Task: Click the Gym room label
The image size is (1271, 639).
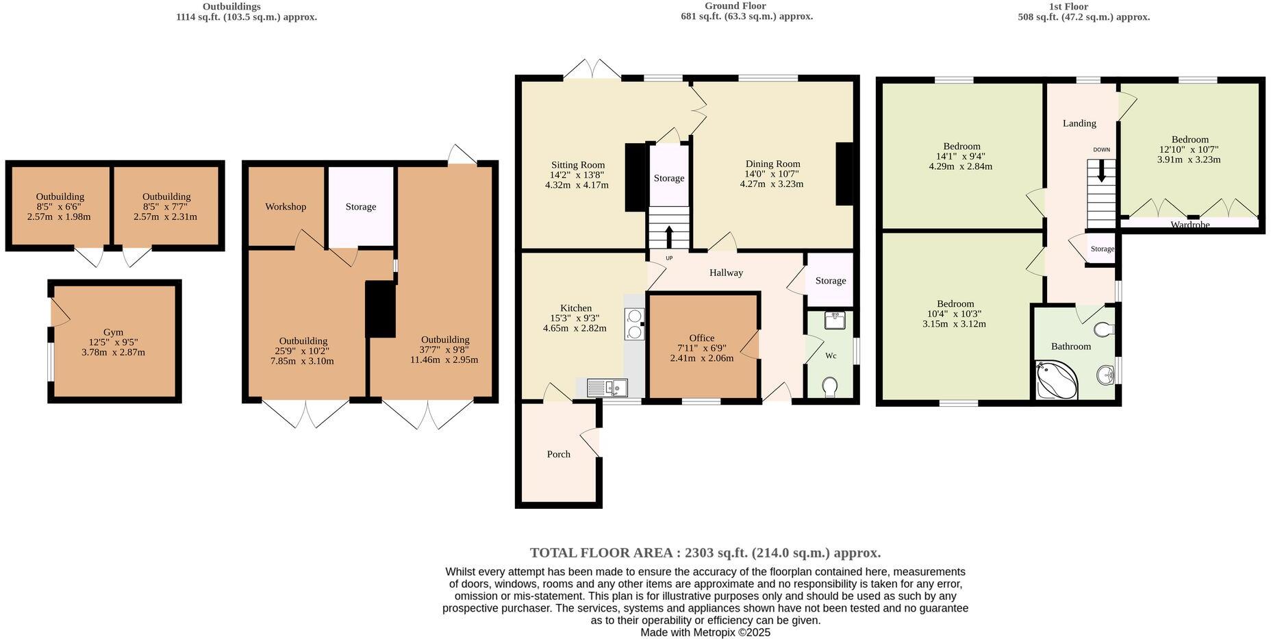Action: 113,332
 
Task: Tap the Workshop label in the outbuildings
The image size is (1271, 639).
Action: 286,207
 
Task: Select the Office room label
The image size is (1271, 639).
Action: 701,338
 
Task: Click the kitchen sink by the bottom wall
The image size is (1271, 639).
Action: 607,388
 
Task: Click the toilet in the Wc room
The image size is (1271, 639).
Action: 829,387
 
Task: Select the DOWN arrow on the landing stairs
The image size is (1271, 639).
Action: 1101,171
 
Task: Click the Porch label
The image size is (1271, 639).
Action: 558,454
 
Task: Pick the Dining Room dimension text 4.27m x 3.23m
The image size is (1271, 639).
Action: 772,184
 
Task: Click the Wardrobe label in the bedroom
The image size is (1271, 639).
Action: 1190,224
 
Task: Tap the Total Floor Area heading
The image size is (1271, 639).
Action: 705,553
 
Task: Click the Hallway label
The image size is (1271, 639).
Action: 726,273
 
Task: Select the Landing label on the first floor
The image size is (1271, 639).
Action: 1079,123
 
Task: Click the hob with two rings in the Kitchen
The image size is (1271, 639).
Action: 634,324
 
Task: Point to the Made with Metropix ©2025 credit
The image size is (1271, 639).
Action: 705,632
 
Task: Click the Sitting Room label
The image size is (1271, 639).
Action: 578,165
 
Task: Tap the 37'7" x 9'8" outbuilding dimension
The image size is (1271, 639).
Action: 444,350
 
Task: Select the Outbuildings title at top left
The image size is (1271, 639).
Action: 231,6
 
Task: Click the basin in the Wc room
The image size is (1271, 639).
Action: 835,319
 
